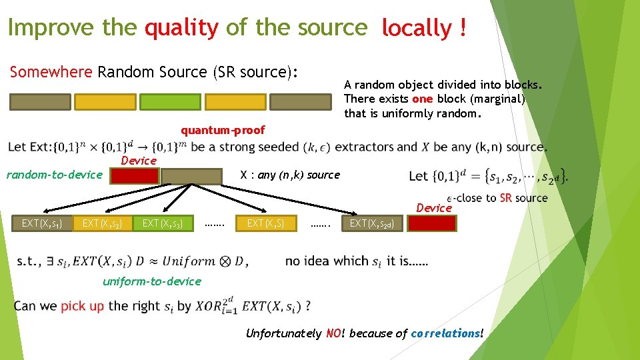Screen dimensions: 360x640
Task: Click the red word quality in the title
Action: click(181, 28)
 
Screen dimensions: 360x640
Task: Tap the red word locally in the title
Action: click(417, 28)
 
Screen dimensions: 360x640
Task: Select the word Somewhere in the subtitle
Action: click(51, 72)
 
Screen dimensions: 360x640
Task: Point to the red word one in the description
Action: click(422, 99)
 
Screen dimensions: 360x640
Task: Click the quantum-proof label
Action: click(223, 130)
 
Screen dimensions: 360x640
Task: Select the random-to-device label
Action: click(54, 175)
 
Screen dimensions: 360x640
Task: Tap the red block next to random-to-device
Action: click(135, 176)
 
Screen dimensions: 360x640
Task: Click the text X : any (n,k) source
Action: click(290, 175)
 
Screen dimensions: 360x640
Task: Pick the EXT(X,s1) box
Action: click(43, 223)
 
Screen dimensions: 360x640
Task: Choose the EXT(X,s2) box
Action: click(103, 223)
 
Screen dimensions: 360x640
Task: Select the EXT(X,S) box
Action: click(265, 223)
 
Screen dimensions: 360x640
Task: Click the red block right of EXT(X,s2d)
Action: click(432, 223)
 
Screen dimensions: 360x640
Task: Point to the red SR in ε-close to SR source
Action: click(506, 198)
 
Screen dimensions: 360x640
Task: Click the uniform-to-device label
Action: click(151, 281)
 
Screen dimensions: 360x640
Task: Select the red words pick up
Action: click(83, 307)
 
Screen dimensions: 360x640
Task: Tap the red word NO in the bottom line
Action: click(333, 333)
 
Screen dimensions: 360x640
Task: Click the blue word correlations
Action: click(445, 333)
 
